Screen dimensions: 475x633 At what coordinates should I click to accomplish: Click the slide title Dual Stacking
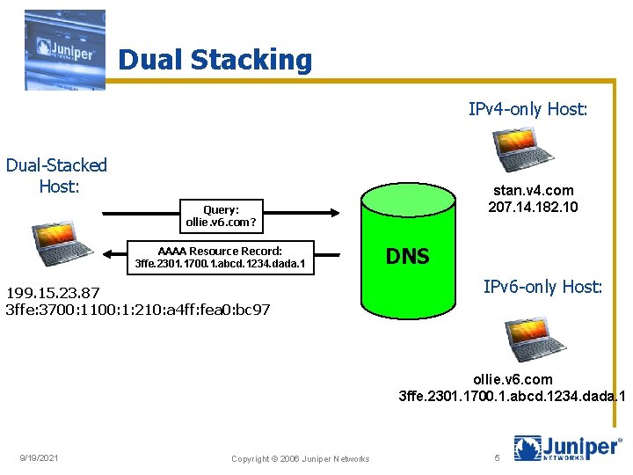point(215,60)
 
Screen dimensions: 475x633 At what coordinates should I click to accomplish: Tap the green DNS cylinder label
point(408,256)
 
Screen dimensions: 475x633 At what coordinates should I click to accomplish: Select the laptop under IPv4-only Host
point(522,150)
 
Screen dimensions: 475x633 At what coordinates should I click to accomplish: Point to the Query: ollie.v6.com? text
point(221,216)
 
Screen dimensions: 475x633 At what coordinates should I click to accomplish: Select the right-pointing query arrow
point(220,212)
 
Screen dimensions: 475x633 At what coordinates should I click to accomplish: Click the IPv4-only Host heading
point(527,109)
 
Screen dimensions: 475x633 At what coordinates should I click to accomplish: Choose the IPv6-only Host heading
point(542,286)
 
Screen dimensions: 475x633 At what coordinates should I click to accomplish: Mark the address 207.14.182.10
point(533,207)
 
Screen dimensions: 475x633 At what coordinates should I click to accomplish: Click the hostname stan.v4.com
point(533,190)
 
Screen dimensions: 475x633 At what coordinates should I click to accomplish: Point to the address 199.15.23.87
point(53,293)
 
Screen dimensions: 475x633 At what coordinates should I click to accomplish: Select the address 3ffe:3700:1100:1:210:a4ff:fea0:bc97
point(138,310)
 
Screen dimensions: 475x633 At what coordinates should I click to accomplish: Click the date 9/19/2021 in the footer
point(40,457)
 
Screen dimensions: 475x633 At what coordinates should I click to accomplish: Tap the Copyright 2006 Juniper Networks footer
point(300,458)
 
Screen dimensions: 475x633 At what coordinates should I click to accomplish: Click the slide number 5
point(497,457)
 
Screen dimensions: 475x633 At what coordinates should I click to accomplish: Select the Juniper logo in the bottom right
point(567,448)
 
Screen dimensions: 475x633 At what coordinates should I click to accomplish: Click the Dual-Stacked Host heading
point(57,175)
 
